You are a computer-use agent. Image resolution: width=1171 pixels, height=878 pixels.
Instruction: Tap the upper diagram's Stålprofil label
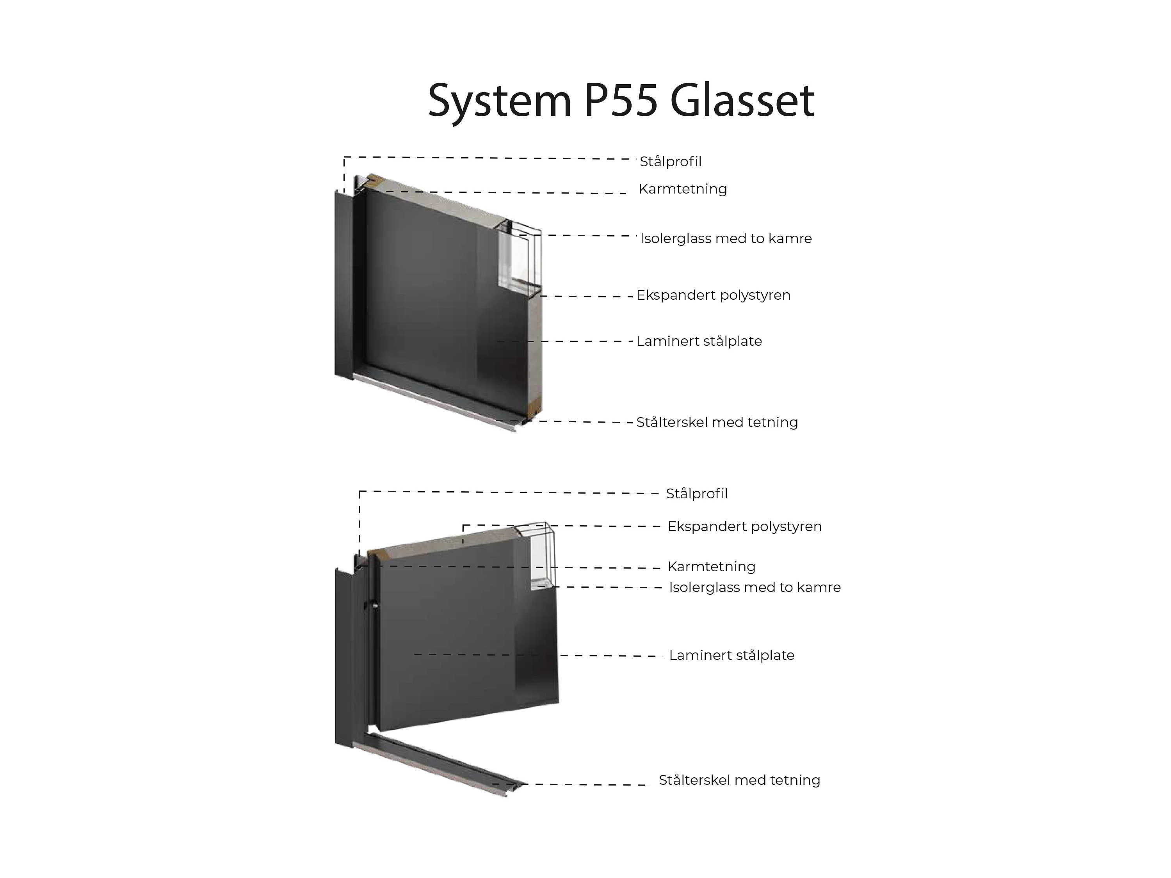670,162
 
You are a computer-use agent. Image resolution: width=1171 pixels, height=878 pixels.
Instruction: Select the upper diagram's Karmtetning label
682,189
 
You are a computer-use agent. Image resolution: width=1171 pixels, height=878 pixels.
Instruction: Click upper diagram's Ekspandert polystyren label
713,295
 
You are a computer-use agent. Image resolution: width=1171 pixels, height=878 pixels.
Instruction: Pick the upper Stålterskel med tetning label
717,422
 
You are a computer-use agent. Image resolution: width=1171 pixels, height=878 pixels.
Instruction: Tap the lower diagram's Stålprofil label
697,494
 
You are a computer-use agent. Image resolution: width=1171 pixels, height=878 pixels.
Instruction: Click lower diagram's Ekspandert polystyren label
744,526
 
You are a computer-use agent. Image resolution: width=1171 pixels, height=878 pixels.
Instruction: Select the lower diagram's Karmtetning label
712,567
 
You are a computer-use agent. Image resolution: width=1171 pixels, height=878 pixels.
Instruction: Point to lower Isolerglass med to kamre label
755,587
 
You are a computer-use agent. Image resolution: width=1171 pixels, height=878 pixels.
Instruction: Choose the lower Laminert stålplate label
731,655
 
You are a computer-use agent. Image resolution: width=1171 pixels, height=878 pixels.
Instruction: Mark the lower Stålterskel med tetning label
740,780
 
